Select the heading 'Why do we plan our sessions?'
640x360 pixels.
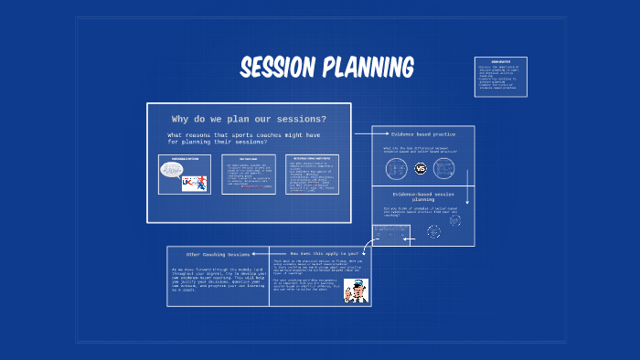point(249,119)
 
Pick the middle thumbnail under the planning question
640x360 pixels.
point(249,174)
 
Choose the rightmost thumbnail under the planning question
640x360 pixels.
point(312,174)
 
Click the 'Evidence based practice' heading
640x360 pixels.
point(423,133)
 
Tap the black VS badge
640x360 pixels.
point(421,169)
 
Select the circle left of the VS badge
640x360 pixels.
point(396,169)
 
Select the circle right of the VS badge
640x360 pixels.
point(444,169)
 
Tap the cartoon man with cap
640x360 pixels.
point(356,291)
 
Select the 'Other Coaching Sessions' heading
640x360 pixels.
point(218,254)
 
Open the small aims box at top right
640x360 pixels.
point(500,77)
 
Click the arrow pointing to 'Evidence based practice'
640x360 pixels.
point(363,133)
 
